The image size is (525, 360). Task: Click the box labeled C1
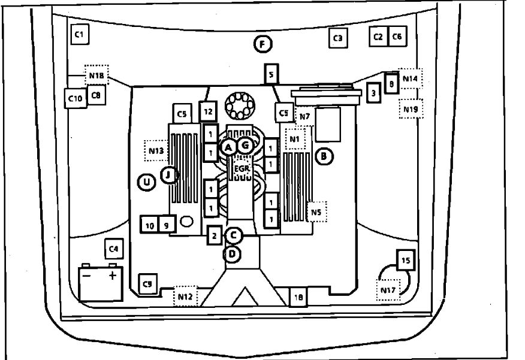tap(79, 35)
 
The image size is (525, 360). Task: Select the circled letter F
tap(262, 44)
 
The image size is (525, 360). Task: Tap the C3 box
tap(337, 38)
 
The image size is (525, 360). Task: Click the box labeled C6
tap(397, 37)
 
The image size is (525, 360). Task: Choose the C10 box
tap(75, 98)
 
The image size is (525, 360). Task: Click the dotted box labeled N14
tap(411, 78)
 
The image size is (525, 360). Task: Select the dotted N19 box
tap(411, 108)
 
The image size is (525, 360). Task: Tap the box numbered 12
tap(208, 111)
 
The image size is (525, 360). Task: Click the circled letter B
tap(324, 156)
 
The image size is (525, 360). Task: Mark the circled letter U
tap(146, 181)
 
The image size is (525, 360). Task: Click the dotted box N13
tap(156, 150)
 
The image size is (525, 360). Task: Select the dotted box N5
tap(317, 211)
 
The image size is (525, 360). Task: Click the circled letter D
tap(233, 255)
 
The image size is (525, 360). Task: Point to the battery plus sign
tap(111, 277)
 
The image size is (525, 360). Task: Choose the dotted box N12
tap(185, 296)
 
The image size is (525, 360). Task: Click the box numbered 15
tap(406, 261)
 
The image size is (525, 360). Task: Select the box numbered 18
tap(298, 296)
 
